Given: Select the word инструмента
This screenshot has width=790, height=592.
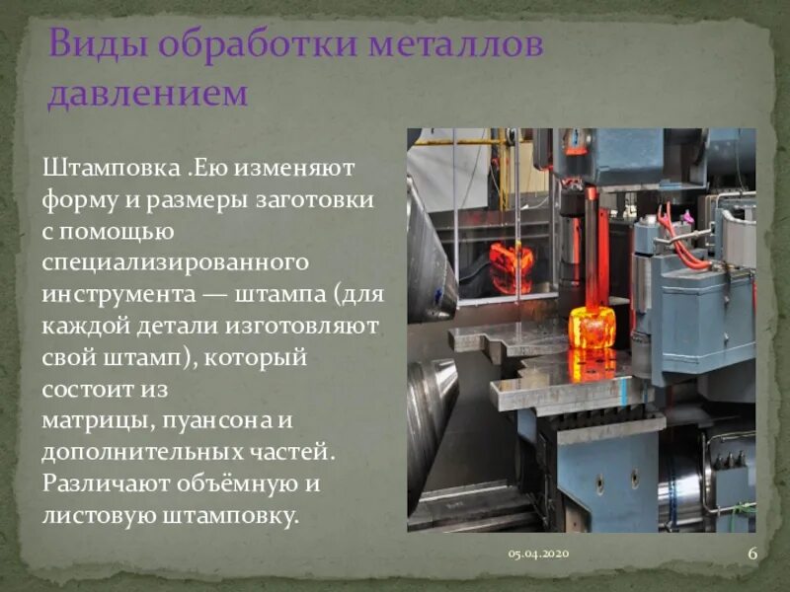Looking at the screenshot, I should pos(115,295).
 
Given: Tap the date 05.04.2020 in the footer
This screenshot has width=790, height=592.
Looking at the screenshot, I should pos(538,555).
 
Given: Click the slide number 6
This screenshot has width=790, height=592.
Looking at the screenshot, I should pos(752,554).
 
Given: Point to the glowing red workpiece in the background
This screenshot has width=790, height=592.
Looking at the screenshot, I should pos(512,267).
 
